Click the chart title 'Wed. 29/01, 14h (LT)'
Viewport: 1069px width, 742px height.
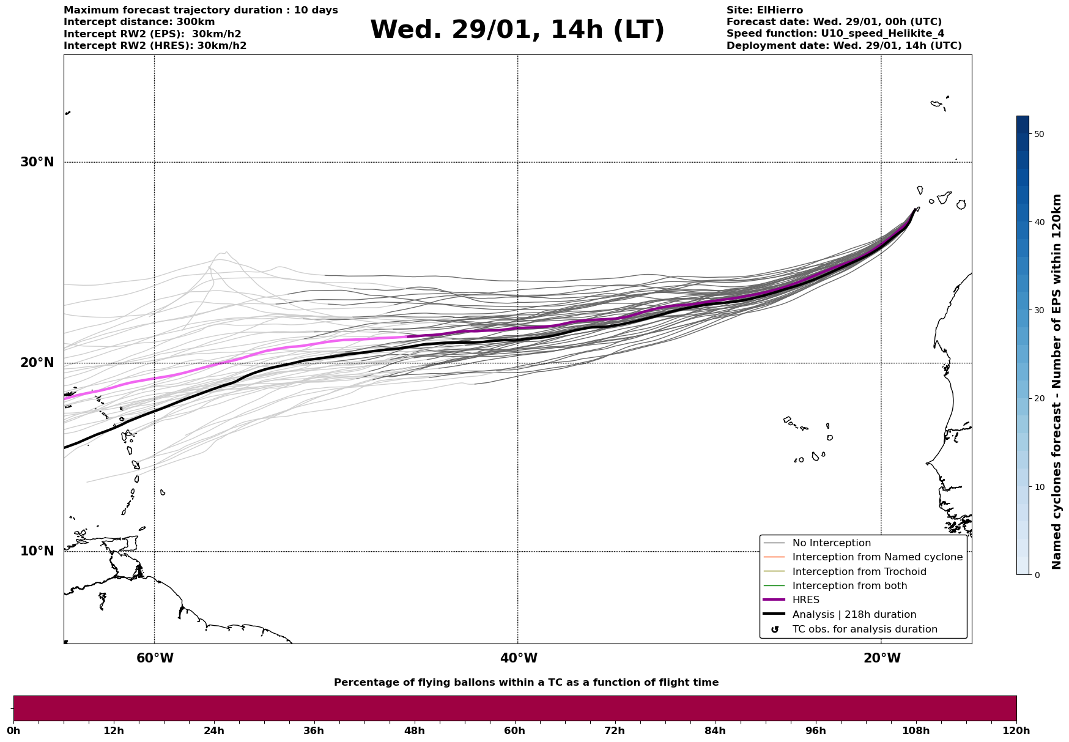pos(517,30)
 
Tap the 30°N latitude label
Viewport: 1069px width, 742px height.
pos(37,162)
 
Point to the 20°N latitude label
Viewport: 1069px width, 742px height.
pos(37,363)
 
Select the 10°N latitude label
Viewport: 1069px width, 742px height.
pos(37,551)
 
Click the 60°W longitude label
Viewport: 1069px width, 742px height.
pos(155,658)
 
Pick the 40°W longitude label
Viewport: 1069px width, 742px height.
pos(519,658)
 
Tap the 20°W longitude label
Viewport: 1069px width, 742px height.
pos(882,658)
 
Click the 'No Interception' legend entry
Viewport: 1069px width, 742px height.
pos(831,543)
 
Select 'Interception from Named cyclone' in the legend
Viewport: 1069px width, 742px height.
pos(877,557)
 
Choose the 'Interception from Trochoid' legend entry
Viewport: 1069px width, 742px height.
pos(859,572)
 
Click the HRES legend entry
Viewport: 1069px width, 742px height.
pos(805,600)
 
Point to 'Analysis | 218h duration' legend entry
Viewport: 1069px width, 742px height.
pos(854,615)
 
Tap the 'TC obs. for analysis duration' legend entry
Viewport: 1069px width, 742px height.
pos(865,629)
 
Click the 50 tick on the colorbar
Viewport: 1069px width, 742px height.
pos(1038,134)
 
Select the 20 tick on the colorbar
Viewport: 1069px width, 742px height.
pos(1038,398)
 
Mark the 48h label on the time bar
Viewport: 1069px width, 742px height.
pos(414,730)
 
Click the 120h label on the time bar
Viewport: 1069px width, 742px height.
pos(1016,730)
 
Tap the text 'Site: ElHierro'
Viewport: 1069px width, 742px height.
pos(764,10)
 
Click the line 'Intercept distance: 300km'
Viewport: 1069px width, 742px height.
pos(139,22)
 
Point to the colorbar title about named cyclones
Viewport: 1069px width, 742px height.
pos(1056,382)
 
